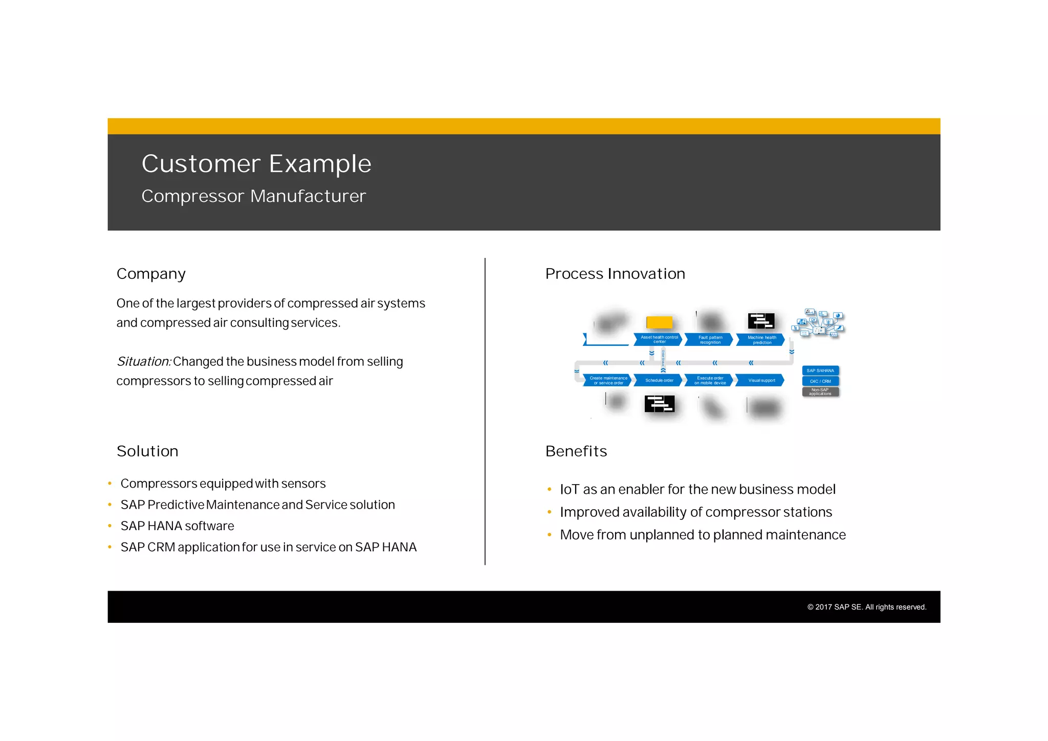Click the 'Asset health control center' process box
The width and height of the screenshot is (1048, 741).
[659, 339]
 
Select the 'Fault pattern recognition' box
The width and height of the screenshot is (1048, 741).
[710, 339]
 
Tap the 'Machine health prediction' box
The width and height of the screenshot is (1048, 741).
[761, 339]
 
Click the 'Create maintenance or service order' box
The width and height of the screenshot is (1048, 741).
[608, 380]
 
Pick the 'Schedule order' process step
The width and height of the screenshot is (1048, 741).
[659, 380]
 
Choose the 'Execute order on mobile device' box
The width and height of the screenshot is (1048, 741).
[710, 380]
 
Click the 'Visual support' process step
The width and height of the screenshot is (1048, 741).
[761, 380]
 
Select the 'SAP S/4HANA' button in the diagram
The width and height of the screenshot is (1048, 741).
[820, 370]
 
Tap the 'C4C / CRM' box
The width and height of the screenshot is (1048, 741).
[820, 381]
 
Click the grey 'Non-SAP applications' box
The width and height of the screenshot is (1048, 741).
[820, 392]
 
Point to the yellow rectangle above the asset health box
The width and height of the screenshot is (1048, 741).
[659, 322]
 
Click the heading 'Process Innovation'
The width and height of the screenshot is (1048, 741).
[615, 274]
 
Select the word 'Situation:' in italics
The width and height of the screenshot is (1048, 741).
[143, 362]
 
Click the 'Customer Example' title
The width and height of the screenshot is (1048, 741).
[256, 164]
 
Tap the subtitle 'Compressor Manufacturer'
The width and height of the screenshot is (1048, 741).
[254, 196]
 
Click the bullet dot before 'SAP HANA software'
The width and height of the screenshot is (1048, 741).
[110, 526]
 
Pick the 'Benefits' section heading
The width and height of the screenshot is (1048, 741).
[576, 451]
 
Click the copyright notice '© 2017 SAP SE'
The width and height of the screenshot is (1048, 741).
[866, 607]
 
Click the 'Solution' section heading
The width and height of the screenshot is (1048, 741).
[147, 451]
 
